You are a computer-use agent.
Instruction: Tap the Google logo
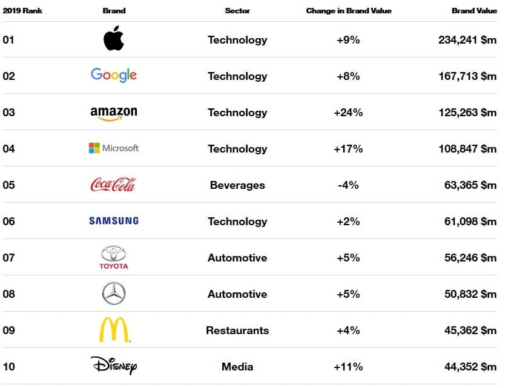click(x=114, y=76)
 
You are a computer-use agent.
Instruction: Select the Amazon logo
click(x=114, y=113)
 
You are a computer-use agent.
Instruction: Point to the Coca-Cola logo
click(x=113, y=185)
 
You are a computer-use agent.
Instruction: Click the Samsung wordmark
click(x=114, y=221)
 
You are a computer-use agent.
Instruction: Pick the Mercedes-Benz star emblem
click(x=114, y=294)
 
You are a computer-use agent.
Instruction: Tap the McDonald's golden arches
click(x=114, y=330)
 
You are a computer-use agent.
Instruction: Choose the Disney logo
click(x=114, y=366)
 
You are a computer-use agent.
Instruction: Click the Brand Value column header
click(x=474, y=11)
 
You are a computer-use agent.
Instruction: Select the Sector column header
click(x=237, y=11)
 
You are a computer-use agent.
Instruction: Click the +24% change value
click(x=348, y=113)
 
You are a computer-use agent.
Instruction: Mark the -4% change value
click(x=348, y=185)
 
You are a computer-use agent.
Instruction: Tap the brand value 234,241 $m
click(x=467, y=40)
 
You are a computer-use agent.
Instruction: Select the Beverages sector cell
click(x=237, y=185)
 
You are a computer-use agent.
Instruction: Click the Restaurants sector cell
click(x=237, y=330)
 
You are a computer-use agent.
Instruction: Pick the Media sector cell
click(x=237, y=367)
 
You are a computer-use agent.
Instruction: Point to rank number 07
click(x=9, y=258)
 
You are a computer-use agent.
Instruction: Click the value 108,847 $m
click(x=467, y=149)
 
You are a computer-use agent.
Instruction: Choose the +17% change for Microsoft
click(x=348, y=149)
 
